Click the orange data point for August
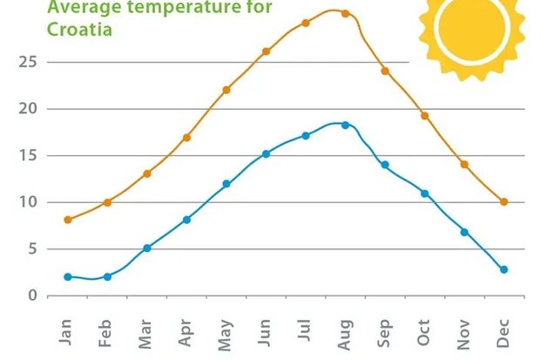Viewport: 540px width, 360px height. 345,13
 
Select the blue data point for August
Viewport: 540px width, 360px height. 345,125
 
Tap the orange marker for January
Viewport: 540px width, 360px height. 68,220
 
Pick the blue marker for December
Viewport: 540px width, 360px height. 503,269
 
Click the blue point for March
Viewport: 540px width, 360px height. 147,248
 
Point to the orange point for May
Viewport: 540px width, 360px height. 226,90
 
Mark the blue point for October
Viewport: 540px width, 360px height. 424,193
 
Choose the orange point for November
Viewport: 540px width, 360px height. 464,164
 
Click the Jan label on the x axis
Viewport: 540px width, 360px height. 66,333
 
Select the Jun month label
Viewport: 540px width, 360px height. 265,333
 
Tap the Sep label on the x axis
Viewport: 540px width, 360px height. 384,333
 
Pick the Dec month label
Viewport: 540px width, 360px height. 503,333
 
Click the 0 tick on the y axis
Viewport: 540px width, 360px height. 32,295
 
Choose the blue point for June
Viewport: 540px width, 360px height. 266,153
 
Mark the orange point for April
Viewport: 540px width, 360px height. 186,137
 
